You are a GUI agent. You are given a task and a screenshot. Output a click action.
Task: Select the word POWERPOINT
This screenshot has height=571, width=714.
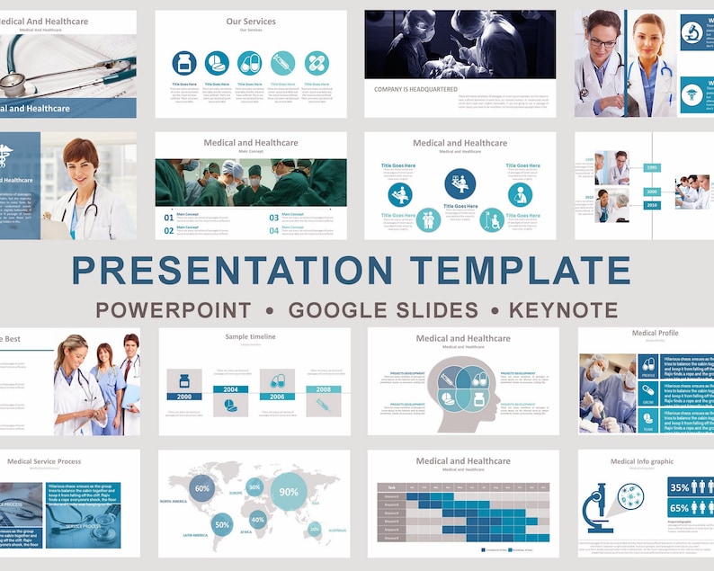(174, 311)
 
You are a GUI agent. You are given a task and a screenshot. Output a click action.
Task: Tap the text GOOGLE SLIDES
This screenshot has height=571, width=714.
(383, 311)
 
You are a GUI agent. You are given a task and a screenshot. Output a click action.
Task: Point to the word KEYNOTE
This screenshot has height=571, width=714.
(563, 311)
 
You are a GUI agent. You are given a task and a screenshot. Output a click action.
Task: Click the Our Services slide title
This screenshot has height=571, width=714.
(251, 22)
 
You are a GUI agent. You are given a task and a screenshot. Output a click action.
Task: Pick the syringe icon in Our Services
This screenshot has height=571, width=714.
(282, 63)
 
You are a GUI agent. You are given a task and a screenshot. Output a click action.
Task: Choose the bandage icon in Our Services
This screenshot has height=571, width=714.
(317, 63)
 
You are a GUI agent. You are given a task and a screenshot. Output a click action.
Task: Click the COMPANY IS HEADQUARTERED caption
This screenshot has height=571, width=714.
(415, 89)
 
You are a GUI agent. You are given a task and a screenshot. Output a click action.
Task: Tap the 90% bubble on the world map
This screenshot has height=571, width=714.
(289, 493)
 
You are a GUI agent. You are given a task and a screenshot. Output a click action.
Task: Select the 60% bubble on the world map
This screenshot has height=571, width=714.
(202, 489)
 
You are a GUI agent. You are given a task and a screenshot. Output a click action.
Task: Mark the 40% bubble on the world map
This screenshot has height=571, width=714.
(258, 520)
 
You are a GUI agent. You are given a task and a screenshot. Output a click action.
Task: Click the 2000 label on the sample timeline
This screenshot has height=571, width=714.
(184, 397)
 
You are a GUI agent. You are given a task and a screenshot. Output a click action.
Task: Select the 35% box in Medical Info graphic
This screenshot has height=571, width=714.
(679, 486)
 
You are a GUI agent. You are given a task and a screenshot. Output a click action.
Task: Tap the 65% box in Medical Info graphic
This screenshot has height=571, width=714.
(679, 508)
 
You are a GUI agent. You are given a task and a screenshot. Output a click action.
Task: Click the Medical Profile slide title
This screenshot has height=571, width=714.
(655, 333)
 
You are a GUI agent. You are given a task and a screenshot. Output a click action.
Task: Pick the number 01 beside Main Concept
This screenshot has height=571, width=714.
(168, 217)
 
